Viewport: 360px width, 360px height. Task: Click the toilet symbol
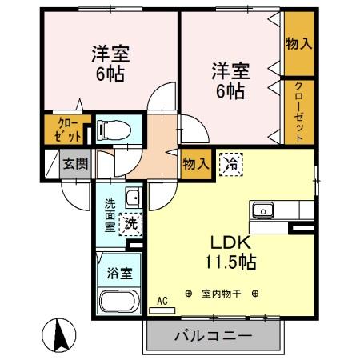coord(110,129)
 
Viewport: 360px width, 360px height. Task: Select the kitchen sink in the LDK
coord(263,210)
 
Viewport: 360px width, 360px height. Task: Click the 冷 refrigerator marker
coord(231,165)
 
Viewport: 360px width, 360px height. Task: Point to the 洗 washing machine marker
coord(129,223)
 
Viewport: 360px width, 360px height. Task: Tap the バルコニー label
coord(214,336)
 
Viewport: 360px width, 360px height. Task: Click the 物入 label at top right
coord(298,43)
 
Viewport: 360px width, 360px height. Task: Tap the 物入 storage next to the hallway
coord(196,164)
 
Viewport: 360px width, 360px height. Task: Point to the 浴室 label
coord(121,270)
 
